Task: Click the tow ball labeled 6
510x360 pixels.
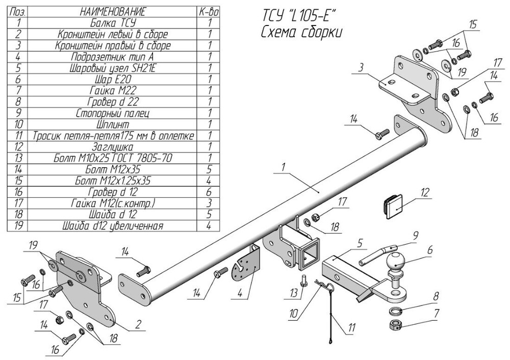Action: [395, 263]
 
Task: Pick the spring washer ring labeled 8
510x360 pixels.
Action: [396, 312]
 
